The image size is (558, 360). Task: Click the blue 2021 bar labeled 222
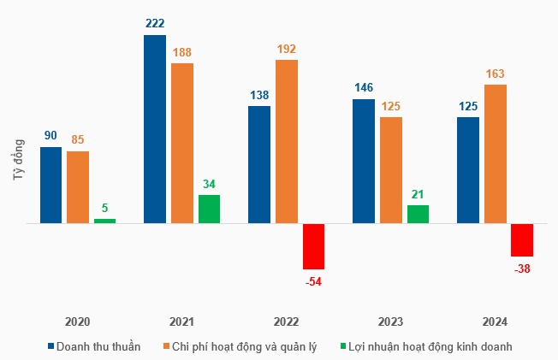point(154,129)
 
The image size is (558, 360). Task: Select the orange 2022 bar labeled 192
point(286,141)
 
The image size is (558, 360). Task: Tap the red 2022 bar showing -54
point(313,246)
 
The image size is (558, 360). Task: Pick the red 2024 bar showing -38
point(522,240)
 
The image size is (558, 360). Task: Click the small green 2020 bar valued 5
point(104,221)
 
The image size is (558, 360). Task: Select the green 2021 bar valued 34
point(209,210)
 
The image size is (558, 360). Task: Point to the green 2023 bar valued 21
point(418,215)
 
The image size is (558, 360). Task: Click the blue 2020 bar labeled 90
point(50,185)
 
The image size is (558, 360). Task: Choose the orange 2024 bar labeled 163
point(495,154)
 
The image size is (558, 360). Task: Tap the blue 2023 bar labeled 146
point(364,162)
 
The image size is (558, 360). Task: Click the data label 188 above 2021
point(181,52)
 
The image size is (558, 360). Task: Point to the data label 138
point(258,94)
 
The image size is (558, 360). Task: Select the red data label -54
point(313,281)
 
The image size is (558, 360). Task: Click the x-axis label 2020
point(77,322)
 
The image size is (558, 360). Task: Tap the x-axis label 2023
point(390,322)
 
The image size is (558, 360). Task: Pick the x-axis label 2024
point(495,322)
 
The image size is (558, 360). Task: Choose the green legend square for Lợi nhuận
point(343,346)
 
